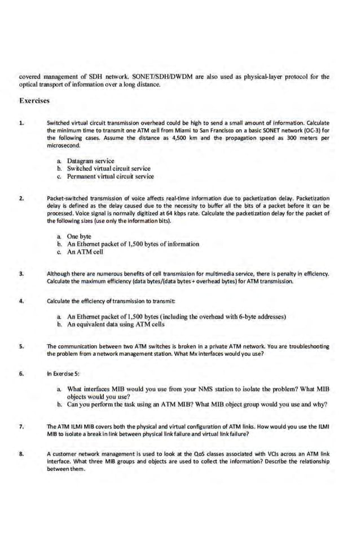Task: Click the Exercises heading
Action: (x=34, y=101)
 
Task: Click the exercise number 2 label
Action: (x=21, y=199)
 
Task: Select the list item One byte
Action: (x=78, y=236)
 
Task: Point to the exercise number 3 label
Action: (x=21, y=274)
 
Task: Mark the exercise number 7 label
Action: (x=21, y=426)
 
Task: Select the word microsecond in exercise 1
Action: (x=64, y=145)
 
